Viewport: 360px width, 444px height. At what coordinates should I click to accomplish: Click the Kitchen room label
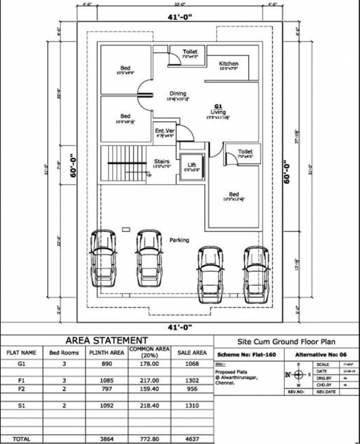coord(229,63)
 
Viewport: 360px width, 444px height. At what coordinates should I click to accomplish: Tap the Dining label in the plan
coord(178,94)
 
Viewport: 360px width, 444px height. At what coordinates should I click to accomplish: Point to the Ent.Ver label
coord(164,131)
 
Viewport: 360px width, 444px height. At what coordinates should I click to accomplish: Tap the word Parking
coord(179,240)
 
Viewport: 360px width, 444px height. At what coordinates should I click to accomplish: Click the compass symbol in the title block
coord(298,374)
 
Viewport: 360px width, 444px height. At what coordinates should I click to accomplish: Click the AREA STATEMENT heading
coord(107,341)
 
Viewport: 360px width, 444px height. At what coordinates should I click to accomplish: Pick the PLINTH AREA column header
coord(107,352)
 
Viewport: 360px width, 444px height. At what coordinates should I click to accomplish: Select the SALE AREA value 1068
coord(192,364)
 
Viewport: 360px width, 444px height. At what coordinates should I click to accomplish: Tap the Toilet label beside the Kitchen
coord(190,52)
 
